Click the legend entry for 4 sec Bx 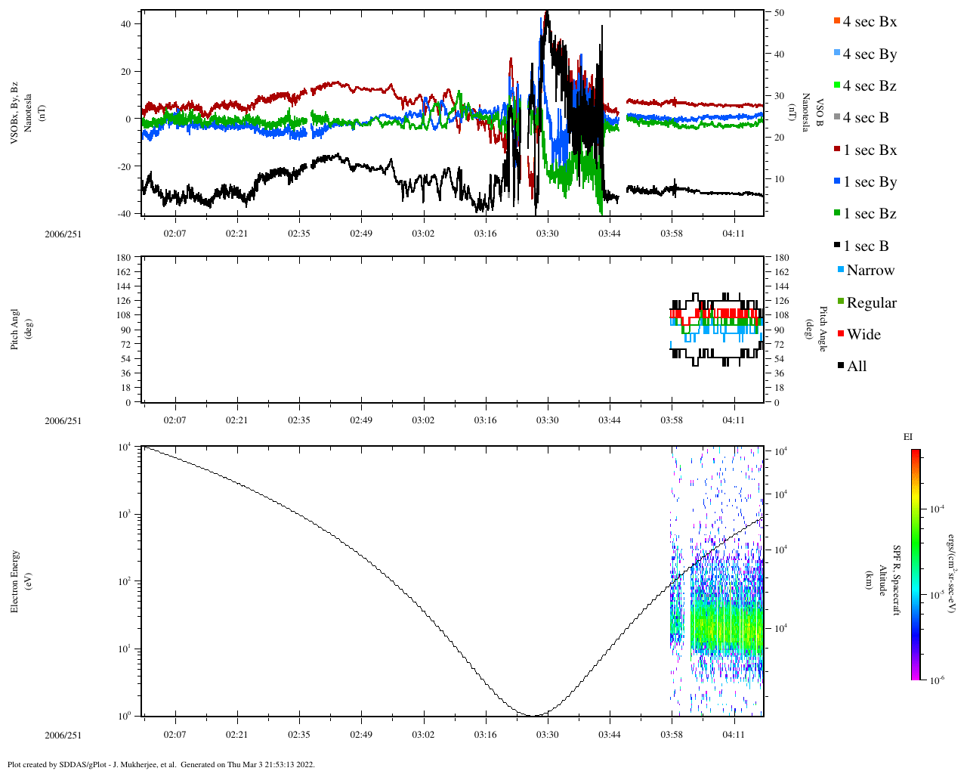869,22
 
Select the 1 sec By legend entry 869,182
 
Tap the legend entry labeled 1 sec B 865,246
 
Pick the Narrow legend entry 870,271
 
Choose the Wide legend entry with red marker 863,335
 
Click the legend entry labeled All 856,367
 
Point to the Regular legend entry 871,303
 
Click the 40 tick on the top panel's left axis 125,24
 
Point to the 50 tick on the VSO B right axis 779,13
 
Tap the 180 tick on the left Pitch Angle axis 124,258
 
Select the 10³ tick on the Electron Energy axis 124,515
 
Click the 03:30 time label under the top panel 548,234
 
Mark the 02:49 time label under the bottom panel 361,735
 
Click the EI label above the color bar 908,437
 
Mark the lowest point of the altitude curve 534,715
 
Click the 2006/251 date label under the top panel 63,234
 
